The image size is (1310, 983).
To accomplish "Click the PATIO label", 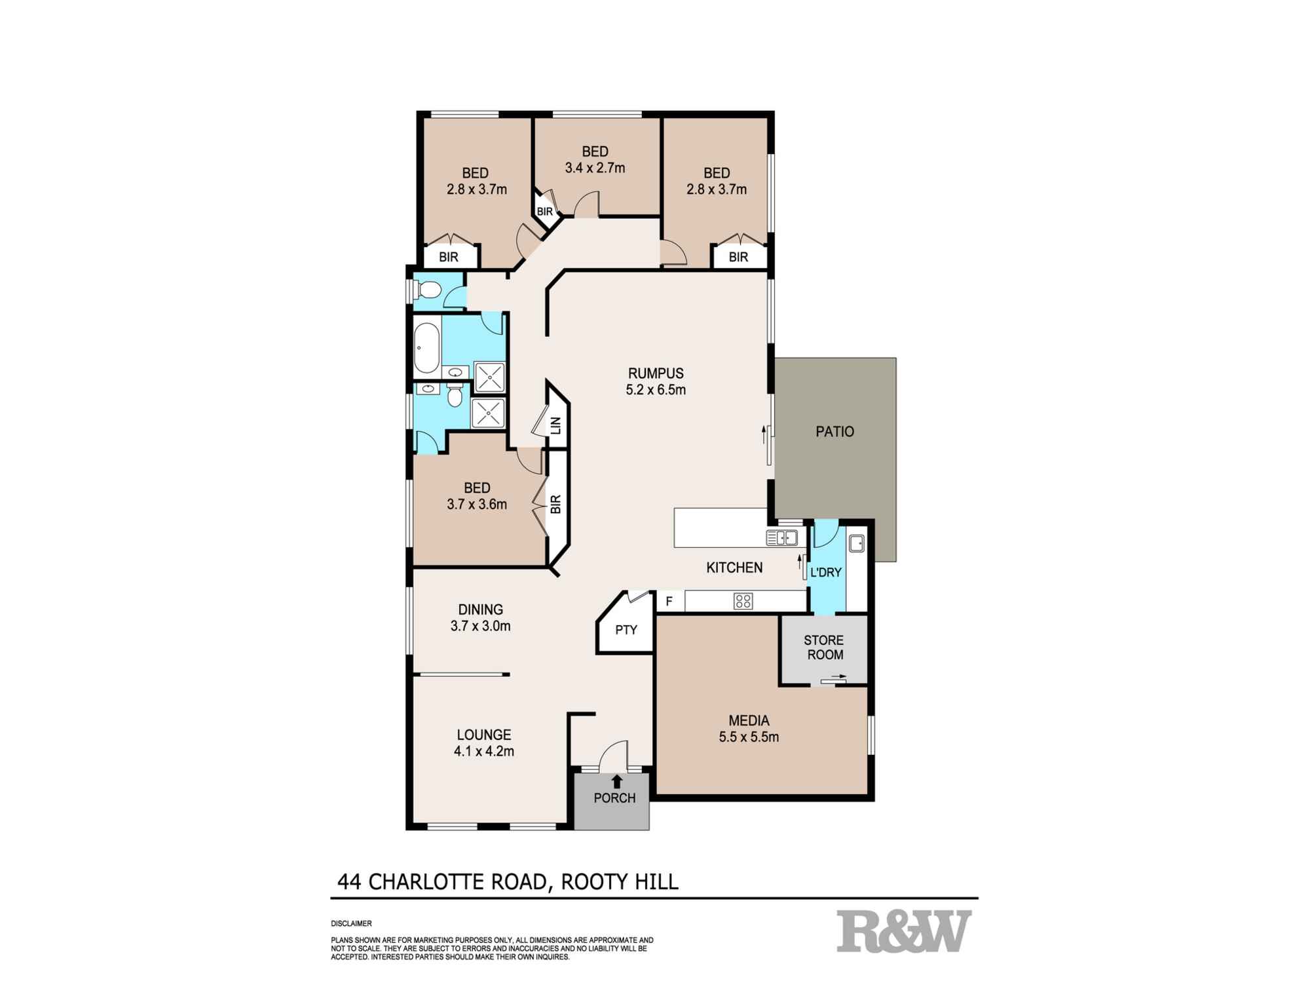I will coord(834,432).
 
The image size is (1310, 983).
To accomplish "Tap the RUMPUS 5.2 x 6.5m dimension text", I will coord(656,391).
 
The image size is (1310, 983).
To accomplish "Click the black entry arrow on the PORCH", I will coord(616,781).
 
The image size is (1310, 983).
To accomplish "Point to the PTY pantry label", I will coord(626,630).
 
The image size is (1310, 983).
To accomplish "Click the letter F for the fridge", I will coord(669,601).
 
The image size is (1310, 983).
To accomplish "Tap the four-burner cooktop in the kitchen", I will coord(743,601).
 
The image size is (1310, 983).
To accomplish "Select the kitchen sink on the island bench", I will coord(781,538).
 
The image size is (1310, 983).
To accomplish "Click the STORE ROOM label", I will coord(824,647).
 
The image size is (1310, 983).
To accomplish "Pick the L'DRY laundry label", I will coord(825,573).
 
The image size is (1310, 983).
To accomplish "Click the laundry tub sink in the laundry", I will coord(857,543).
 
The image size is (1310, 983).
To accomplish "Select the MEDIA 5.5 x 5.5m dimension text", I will coord(749,737).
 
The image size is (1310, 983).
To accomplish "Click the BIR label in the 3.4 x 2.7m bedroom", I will coord(544,212).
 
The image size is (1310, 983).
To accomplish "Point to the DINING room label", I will coord(480,609).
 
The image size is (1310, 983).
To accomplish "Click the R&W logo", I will coord(904,931).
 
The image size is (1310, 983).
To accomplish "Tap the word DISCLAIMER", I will coord(351,924).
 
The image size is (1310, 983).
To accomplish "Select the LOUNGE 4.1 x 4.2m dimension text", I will coord(483,752).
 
